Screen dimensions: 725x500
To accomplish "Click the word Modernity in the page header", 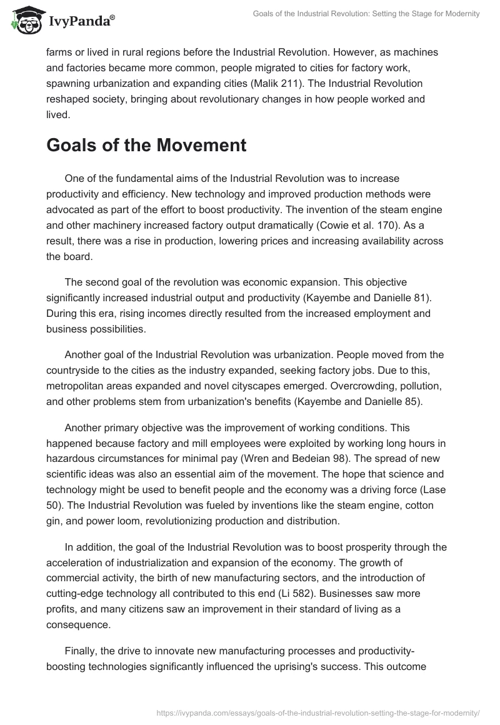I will (461, 14).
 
